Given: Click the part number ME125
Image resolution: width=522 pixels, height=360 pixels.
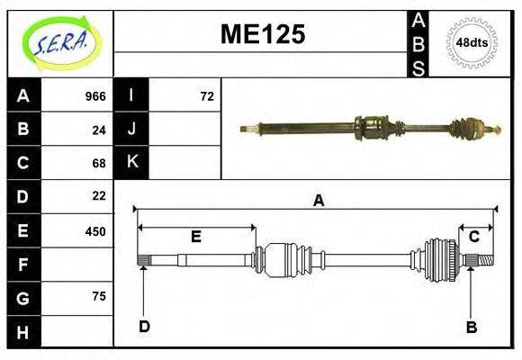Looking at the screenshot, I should (263, 35).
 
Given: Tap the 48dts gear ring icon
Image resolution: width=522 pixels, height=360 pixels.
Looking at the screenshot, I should (472, 42).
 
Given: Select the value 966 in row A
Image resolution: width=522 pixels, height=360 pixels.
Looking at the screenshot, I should (95, 96).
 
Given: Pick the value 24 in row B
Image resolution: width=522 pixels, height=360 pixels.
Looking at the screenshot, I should (99, 130).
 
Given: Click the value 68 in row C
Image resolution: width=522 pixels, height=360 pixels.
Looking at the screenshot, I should (99, 163).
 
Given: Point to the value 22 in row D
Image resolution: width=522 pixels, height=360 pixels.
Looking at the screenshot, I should (99, 195).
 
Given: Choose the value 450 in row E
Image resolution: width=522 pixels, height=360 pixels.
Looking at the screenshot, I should (95, 230).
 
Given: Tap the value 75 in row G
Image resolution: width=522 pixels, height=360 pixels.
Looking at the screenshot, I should (99, 296).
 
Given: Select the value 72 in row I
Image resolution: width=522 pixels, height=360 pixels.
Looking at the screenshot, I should (207, 96).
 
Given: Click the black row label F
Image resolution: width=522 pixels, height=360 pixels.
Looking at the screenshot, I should (22, 265).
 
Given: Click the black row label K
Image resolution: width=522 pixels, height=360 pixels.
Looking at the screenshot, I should (132, 163).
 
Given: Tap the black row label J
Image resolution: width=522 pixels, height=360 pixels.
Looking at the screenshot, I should (132, 130).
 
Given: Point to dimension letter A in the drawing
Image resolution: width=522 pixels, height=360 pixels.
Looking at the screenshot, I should (318, 201).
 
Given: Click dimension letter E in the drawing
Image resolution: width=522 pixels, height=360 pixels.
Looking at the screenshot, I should (195, 237).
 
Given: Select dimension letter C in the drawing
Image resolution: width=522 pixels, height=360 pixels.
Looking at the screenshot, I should (473, 237).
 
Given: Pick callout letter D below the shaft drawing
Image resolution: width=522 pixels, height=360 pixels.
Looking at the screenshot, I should (144, 327).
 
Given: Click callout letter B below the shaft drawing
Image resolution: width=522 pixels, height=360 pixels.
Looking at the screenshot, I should (471, 327).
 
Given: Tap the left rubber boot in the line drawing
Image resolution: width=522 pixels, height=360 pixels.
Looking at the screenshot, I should (286, 260).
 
